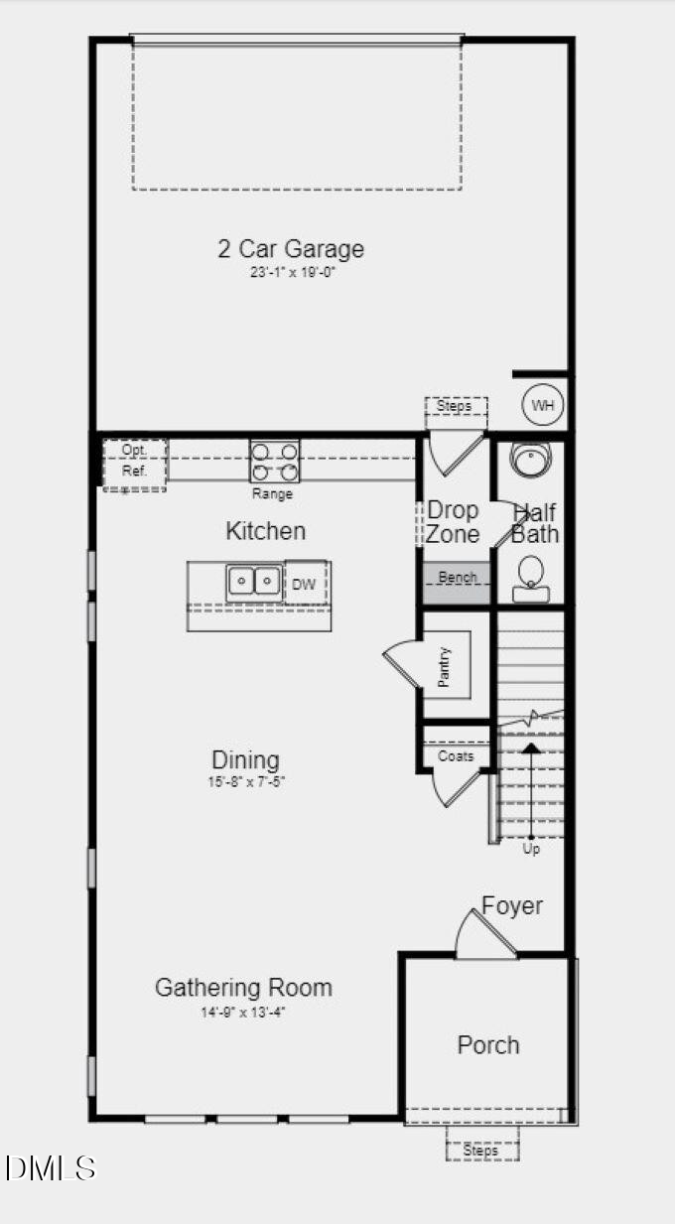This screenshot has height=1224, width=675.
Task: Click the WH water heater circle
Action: click(542, 405)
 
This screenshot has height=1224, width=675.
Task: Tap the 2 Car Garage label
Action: click(291, 248)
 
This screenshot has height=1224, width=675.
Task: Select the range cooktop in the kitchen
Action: click(275, 461)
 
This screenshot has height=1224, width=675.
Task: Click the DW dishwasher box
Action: click(305, 584)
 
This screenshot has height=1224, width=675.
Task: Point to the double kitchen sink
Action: click(253, 581)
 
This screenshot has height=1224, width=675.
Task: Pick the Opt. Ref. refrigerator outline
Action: click(134, 462)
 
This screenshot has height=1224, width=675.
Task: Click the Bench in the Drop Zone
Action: click(457, 578)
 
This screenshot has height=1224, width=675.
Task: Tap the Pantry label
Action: click(444, 666)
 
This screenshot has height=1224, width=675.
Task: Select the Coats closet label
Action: click(456, 755)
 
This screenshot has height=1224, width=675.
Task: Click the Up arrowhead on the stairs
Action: click(531, 747)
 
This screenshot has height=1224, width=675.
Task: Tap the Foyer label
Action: click(512, 905)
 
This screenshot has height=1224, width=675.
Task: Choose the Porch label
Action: click(487, 1044)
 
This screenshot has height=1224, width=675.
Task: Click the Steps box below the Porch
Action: click(481, 1151)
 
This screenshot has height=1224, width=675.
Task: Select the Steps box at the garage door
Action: click(455, 406)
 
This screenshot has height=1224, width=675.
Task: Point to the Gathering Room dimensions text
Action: click(243, 1013)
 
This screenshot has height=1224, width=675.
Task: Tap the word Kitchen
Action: click(265, 530)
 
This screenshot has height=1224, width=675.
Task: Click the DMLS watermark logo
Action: click(50, 1167)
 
